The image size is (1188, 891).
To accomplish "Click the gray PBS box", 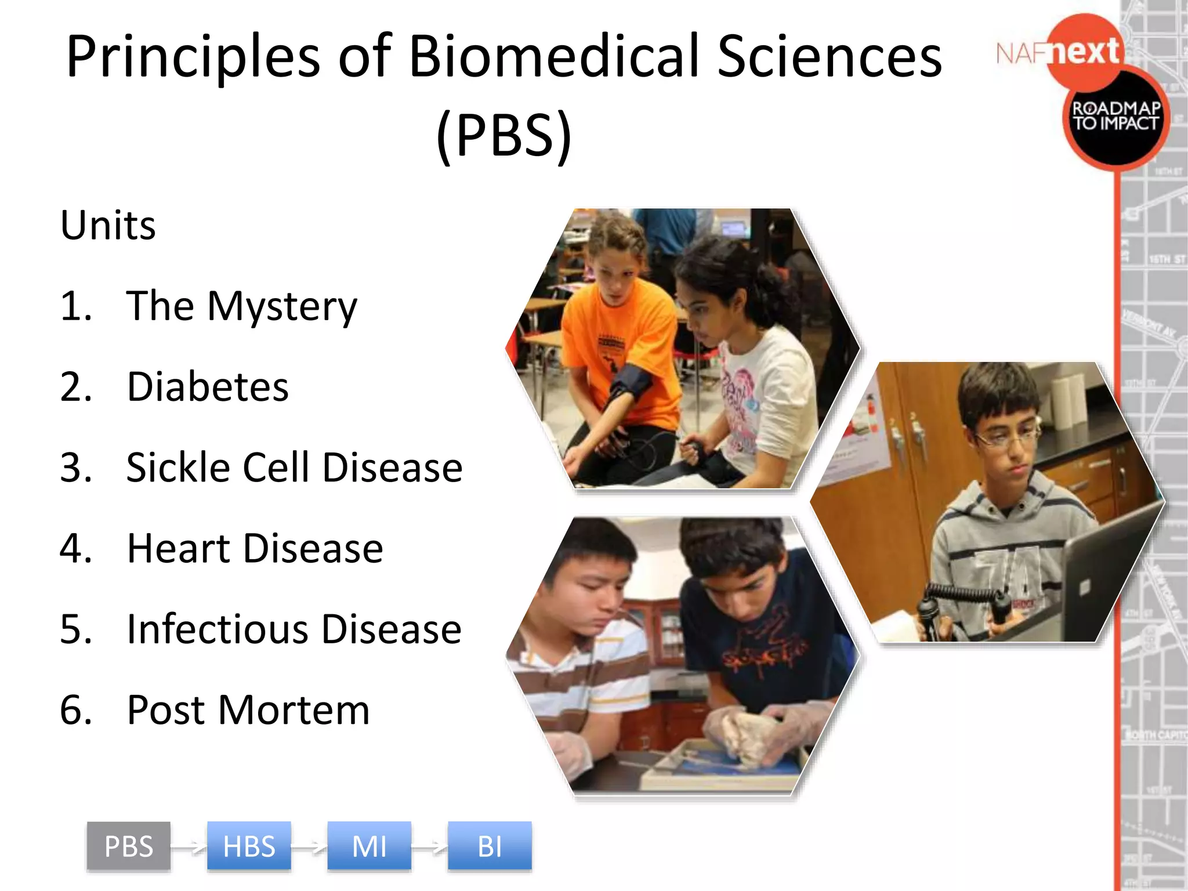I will click(x=129, y=846).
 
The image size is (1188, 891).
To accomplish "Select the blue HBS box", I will click(x=249, y=846).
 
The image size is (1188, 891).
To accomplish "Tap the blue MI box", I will click(x=369, y=846).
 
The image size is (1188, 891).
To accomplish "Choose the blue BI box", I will click(x=490, y=846).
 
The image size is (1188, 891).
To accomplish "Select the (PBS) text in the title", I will click(x=504, y=135).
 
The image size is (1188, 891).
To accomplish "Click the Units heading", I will click(x=108, y=225).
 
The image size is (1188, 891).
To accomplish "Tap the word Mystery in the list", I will click(x=282, y=307).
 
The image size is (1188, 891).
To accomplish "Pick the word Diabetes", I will click(x=208, y=387).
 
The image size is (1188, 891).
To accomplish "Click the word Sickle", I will click(x=178, y=468).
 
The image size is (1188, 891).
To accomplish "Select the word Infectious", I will click(x=218, y=629).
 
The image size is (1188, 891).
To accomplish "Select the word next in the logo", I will click(x=1085, y=51).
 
